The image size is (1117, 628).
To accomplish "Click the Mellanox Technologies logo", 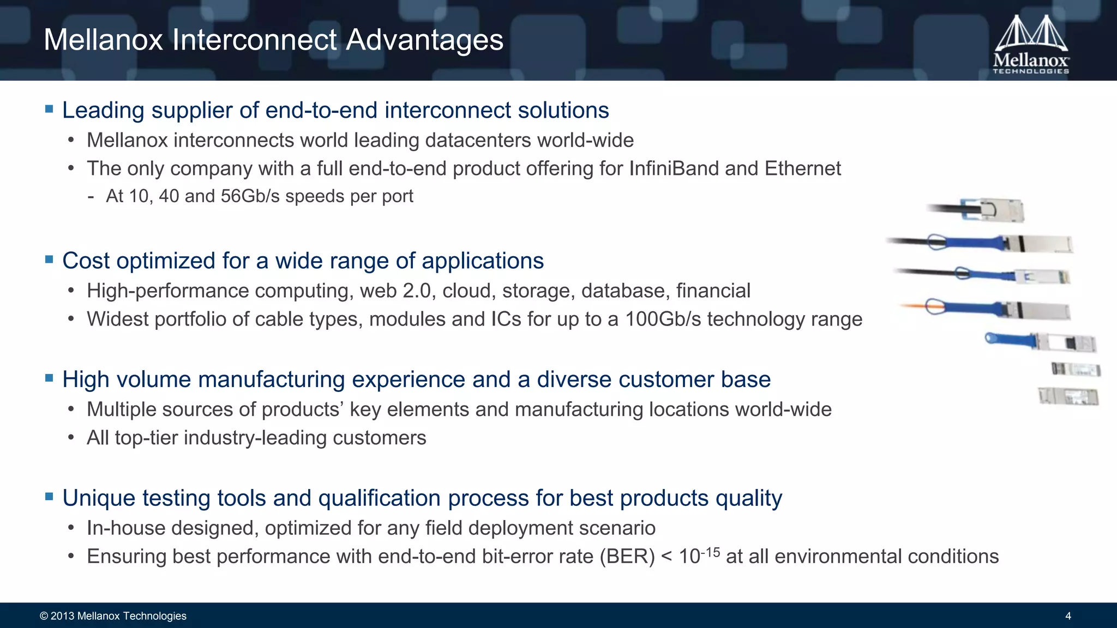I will (1031, 45).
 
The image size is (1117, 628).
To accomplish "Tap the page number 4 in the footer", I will (1068, 616).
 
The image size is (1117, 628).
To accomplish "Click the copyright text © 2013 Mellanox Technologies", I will (113, 616).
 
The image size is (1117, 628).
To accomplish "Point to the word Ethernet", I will (802, 168).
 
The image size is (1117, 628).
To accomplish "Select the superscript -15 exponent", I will (710, 552).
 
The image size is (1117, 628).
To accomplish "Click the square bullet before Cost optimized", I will (49, 259).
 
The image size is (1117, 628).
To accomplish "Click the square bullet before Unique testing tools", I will (49, 497).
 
